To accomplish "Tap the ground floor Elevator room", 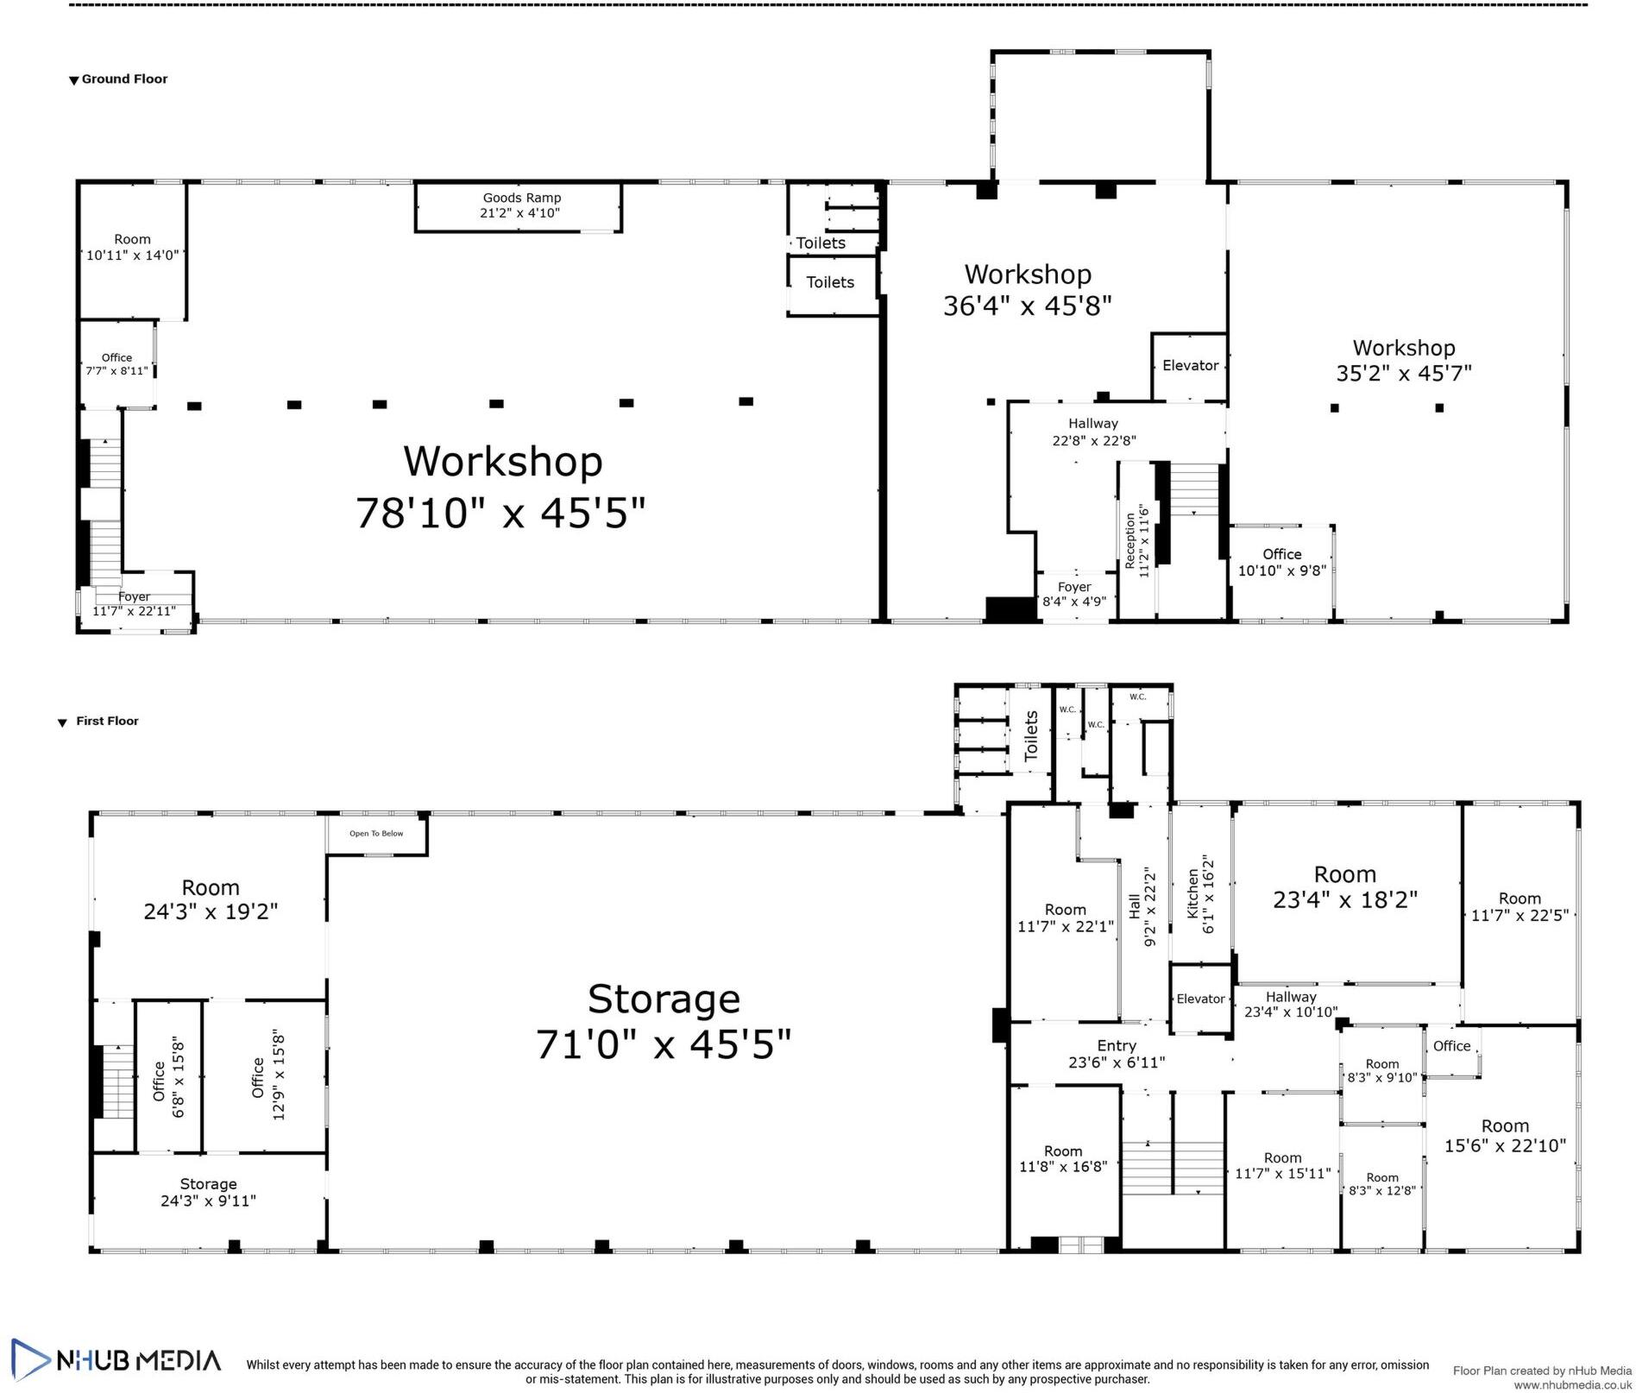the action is pos(1190,367).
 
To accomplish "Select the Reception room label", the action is pos(1136,541).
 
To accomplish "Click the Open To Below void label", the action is pos(376,834).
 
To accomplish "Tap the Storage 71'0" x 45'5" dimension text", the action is pos(664,1044).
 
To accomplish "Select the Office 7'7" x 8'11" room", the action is pos(117,363).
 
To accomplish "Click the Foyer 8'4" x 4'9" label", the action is pos(1074,595).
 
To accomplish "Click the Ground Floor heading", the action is pos(118,79).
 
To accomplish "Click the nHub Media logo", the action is pos(116,1360).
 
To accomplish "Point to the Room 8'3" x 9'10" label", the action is pos(1382,1071).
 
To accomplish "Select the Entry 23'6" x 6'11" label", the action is pos(1117,1054).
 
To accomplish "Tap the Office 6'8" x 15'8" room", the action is pos(169,1076).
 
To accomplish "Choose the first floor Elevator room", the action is pos(1200,999).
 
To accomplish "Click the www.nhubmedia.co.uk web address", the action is pos(1572,1384).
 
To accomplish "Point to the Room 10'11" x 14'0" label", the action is pos(132,248).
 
